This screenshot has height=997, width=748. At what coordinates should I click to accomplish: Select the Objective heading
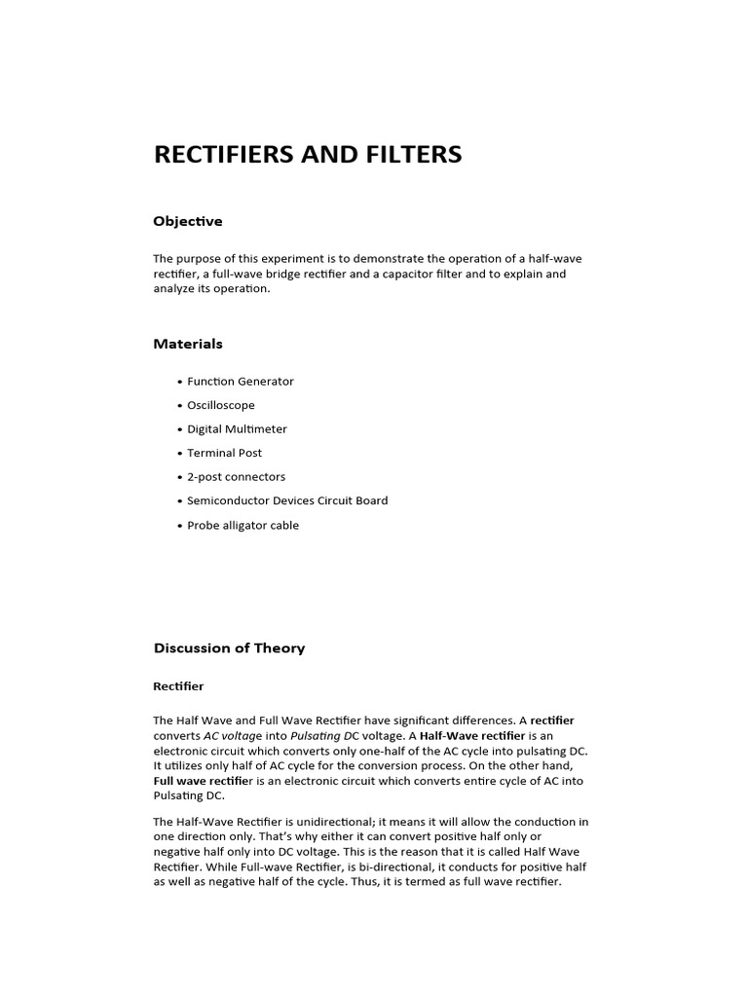point(188,221)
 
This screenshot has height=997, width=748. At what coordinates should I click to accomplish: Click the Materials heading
point(188,344)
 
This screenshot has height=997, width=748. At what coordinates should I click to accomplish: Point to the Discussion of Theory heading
point(229,648)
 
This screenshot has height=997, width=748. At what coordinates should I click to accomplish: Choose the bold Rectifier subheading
point(178,686)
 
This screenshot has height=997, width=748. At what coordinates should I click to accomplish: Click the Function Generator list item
point(240,382)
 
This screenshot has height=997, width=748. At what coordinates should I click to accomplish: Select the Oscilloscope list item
point(221,405)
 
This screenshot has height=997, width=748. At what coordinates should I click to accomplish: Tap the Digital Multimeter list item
point(237,429)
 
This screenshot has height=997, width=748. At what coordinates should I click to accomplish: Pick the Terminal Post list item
point(224,453)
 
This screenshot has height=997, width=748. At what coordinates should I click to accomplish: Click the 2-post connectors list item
point(236,477)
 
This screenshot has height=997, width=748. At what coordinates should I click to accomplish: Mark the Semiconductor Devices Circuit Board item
point(287,500)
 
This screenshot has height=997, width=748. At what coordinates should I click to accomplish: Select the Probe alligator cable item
point(243,526)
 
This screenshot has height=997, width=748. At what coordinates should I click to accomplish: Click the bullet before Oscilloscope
point(180,406)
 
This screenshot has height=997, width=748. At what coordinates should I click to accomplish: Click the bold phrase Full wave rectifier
point(203,781)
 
